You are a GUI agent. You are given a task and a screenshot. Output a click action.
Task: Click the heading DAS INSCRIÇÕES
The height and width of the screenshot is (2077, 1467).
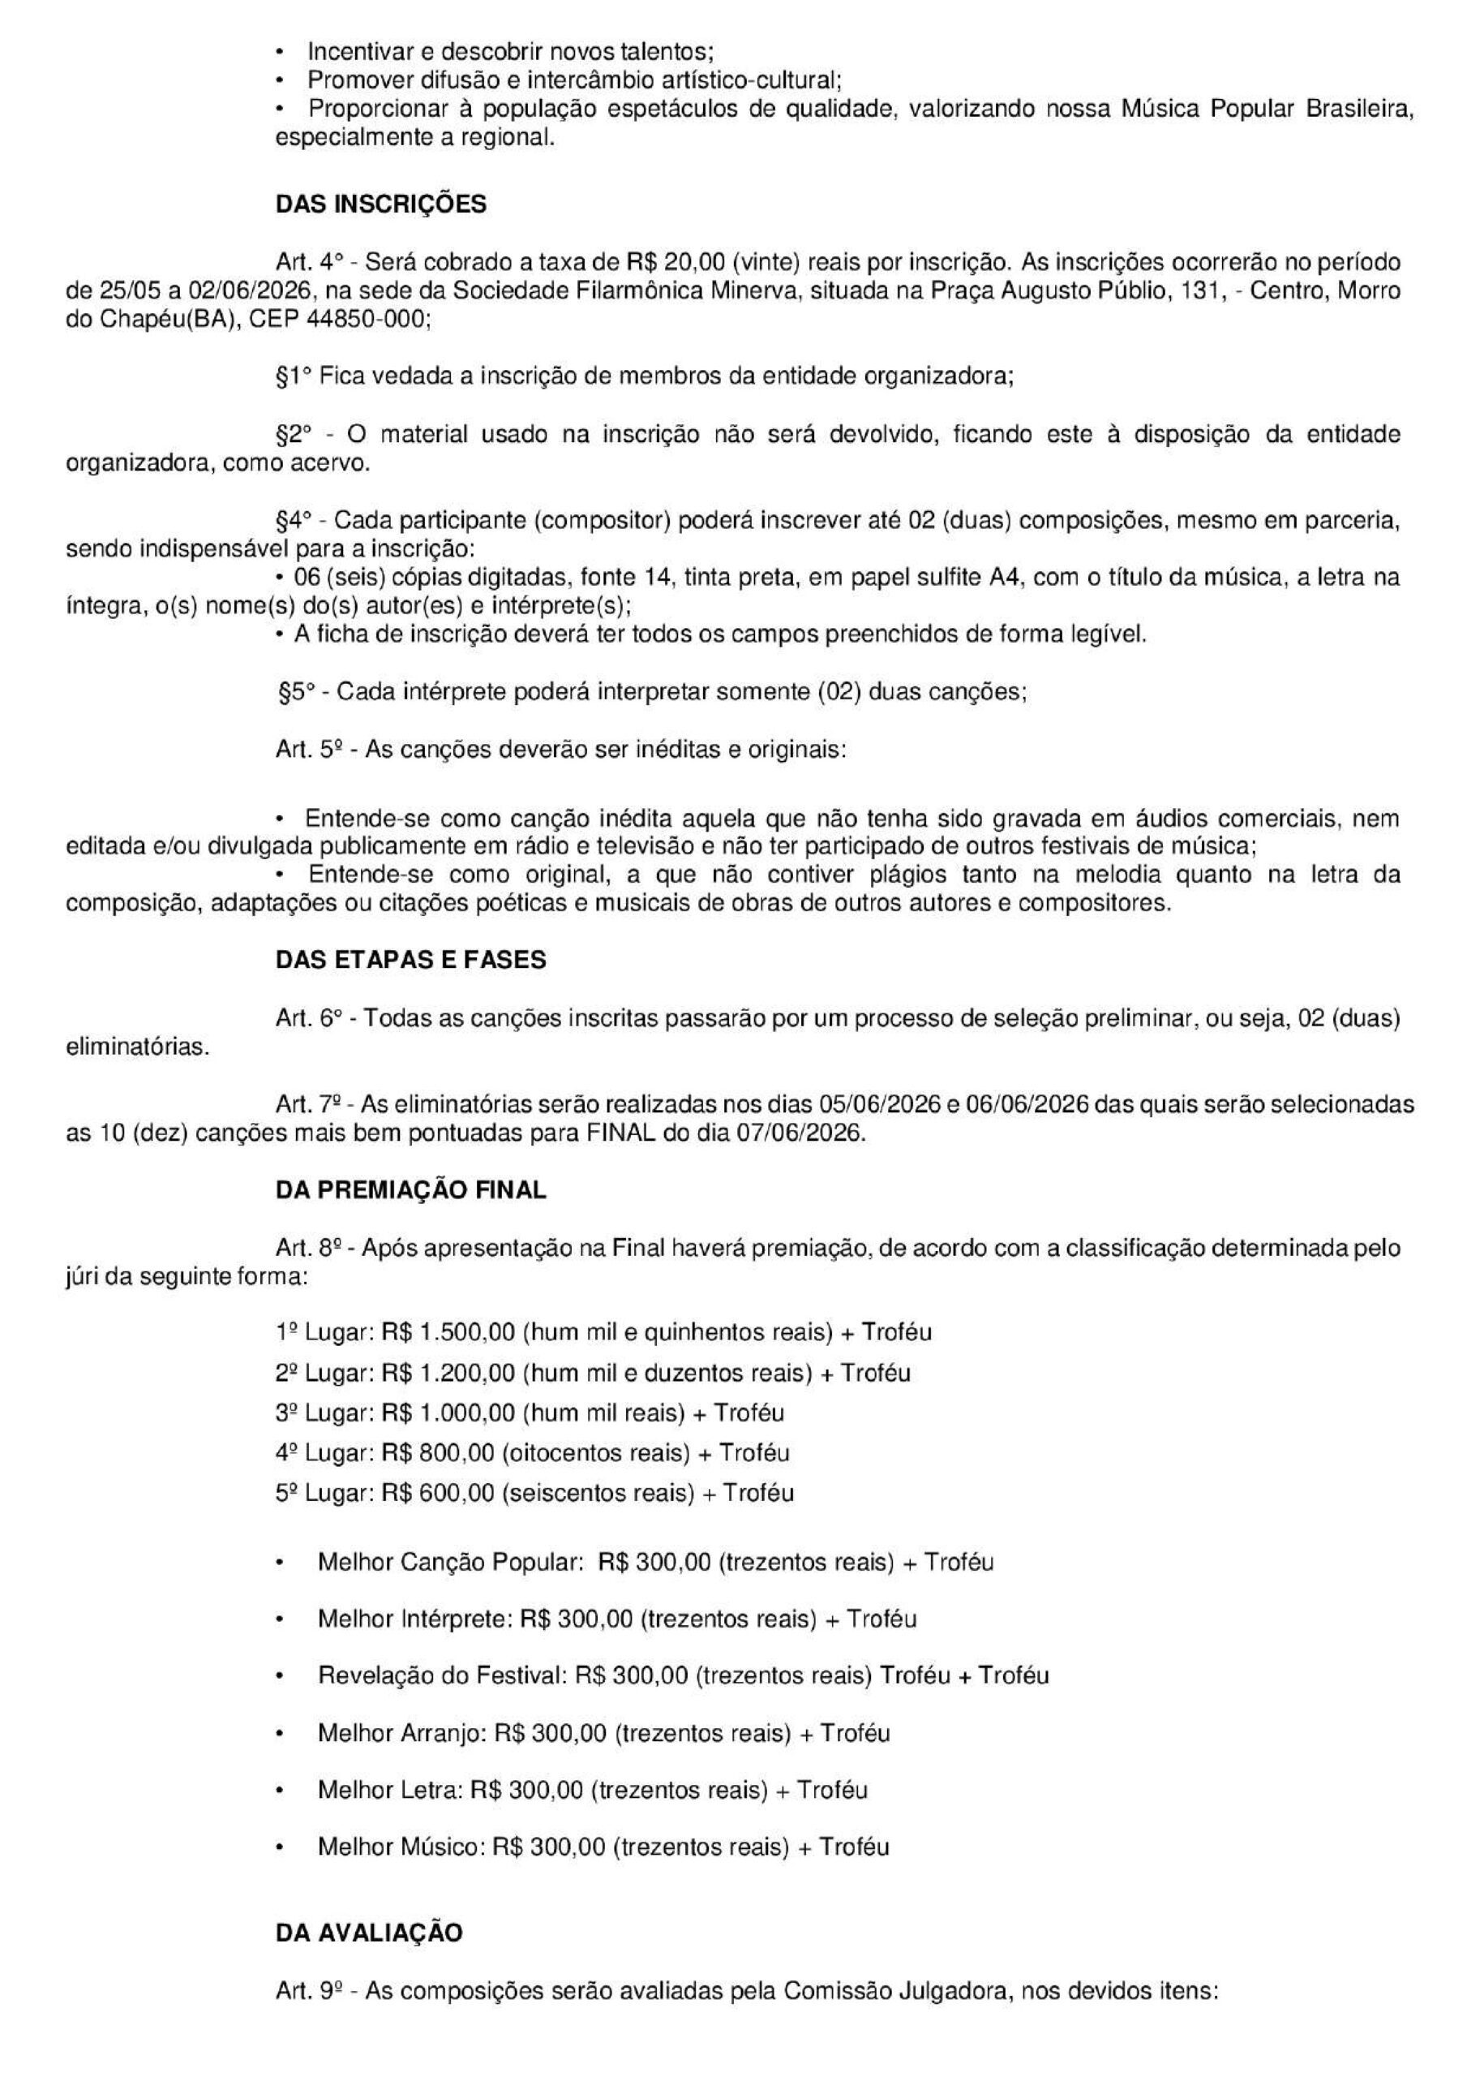(381, 204)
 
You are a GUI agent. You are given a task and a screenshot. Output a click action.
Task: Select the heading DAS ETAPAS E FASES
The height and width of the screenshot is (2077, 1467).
(410, 960)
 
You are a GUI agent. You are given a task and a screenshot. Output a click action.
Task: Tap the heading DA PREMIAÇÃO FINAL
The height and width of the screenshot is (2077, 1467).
(410, 1190)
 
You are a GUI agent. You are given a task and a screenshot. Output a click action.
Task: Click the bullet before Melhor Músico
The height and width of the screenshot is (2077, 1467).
(281, 1847)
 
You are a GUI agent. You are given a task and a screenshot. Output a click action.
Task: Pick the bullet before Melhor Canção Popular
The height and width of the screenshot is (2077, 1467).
(281, 1563)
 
